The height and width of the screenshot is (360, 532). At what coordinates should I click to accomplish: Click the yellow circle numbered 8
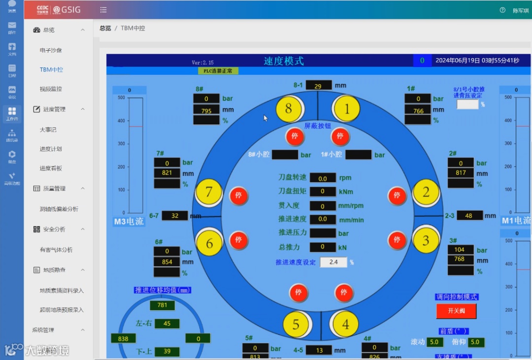point(289,109)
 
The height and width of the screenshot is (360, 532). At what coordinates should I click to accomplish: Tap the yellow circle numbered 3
point(426,240)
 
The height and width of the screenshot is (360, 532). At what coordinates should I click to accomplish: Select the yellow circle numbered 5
point(296,325)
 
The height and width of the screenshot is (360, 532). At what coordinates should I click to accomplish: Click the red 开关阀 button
point(456,311)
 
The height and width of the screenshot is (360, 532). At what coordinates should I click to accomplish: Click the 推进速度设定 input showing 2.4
point(333,262)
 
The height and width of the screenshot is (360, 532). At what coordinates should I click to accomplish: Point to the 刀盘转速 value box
point(323,178)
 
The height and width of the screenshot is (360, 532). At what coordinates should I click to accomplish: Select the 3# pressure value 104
point(460,250)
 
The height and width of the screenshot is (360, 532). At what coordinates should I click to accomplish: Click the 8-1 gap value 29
point(318,86)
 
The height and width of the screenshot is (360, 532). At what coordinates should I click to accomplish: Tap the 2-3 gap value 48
point(469,216)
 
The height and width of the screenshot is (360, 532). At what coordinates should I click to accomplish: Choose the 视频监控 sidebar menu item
point(51,89)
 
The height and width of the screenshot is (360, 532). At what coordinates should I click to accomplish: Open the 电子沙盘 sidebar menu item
point(51,50)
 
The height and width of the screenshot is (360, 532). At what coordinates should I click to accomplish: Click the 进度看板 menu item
point(51,168)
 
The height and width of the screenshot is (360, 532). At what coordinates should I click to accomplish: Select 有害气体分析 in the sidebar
point(56,250)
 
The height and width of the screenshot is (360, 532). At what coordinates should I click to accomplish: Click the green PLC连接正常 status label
point(218,71)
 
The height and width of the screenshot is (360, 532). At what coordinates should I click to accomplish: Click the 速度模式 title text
point(284,61)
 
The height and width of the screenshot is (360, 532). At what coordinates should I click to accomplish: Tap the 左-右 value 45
point(167,324)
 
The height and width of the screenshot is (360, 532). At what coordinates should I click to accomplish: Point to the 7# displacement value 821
point(167,173)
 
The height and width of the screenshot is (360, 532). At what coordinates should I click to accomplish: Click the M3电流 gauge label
point(129,222)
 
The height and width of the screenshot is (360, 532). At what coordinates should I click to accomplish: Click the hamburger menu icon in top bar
point(103,10)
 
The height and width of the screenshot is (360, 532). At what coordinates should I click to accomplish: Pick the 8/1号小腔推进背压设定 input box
point(467,104)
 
